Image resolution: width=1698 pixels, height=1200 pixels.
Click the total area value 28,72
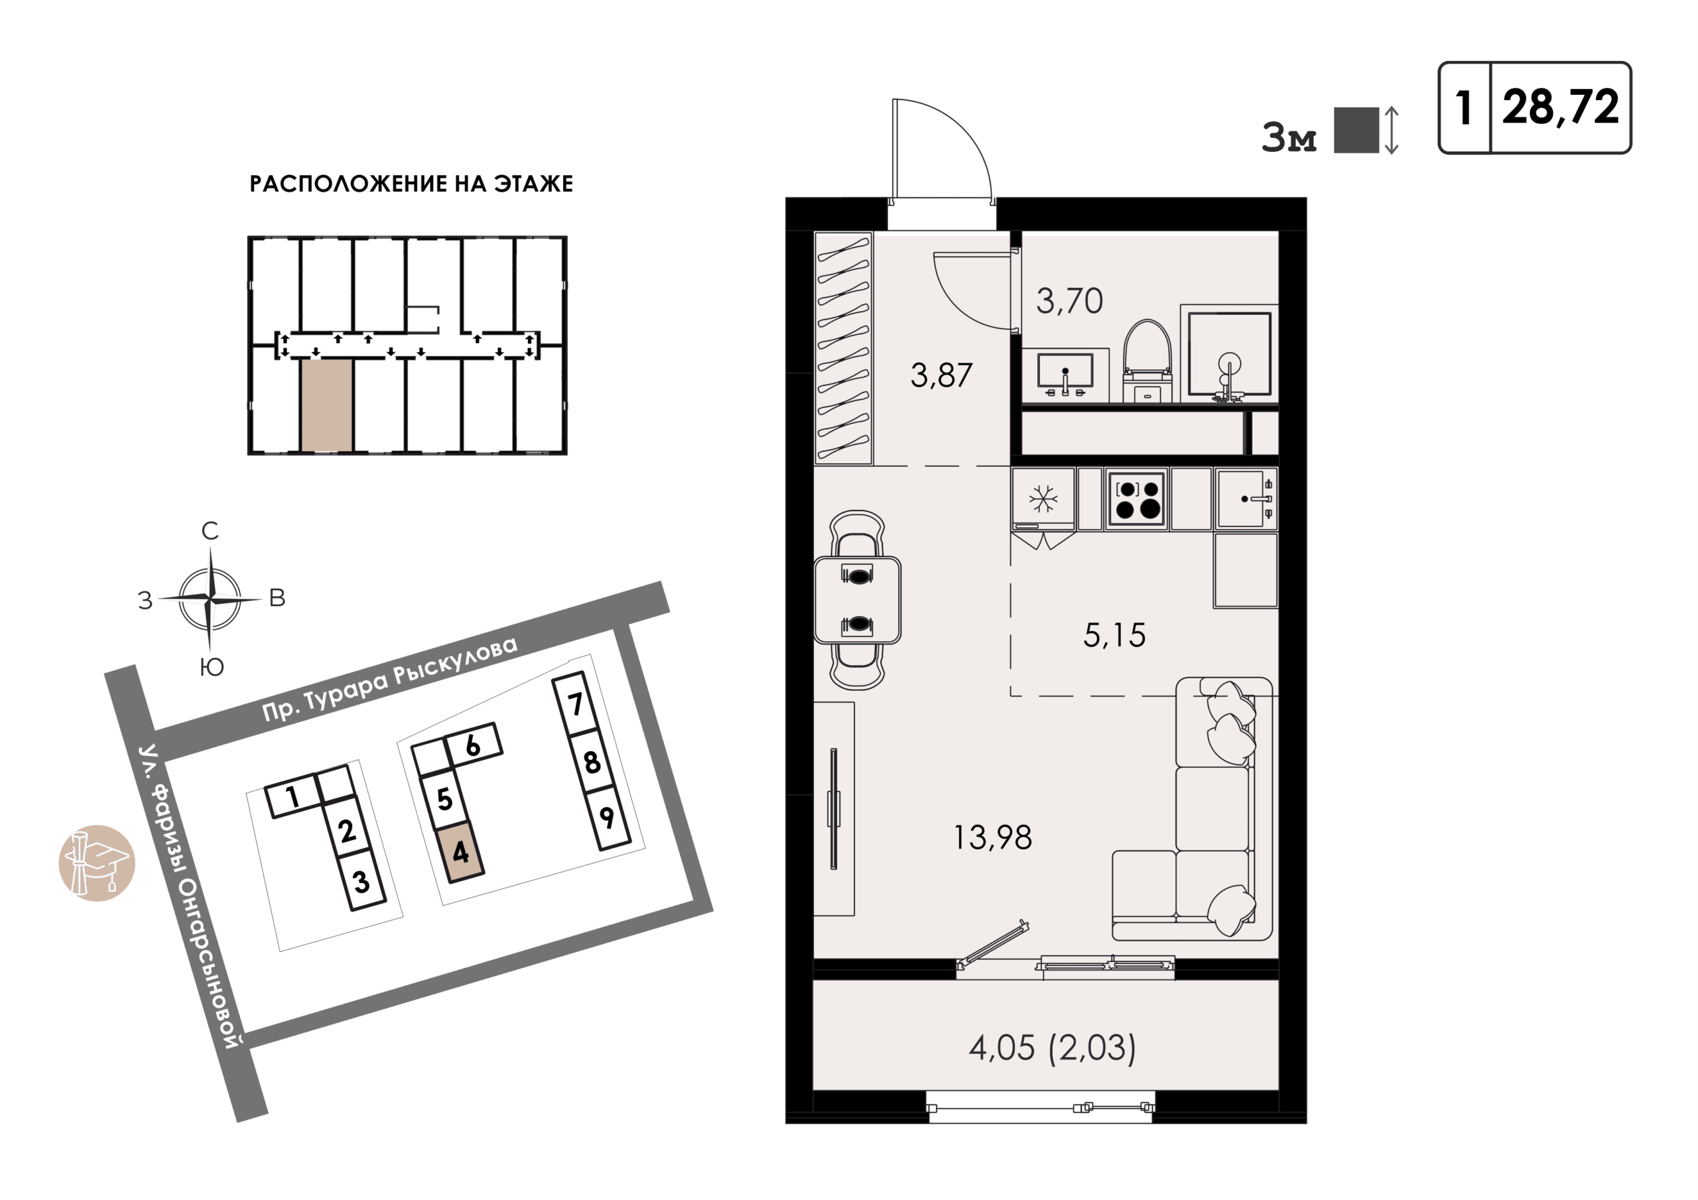click(x=1561, y=107)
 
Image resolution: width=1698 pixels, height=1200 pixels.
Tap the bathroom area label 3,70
click(x=1069, y=301)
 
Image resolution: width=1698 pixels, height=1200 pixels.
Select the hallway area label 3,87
click(x=941, y=376)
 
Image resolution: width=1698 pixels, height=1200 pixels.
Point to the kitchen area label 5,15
click(x=1114, y=635)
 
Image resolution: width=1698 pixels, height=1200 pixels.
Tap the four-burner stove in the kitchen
click(x=1137, y=499)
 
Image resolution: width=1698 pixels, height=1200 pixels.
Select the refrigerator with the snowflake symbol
click(x=1043, y=499)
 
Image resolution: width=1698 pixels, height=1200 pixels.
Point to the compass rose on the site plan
click(x=211, y=598)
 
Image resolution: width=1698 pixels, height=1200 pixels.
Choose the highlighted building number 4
click(x=460, y=853)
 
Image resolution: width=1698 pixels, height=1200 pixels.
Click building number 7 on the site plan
click(x=575, y=704)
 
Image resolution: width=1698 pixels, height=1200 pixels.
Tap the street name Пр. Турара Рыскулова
click(x=390, y=678)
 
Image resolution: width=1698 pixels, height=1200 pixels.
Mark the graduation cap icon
click(x=97, y=863)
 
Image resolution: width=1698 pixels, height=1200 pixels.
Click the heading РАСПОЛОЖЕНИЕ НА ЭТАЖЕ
click(x=411, y=184)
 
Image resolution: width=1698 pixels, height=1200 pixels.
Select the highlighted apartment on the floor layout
click(x=326, y=405)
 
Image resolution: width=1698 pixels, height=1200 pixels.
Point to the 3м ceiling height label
click(x=1289, y=139)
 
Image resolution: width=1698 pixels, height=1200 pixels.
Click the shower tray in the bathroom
click(x=1229, y=353)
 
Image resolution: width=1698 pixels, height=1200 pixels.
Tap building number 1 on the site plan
click(x=292, y=798)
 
